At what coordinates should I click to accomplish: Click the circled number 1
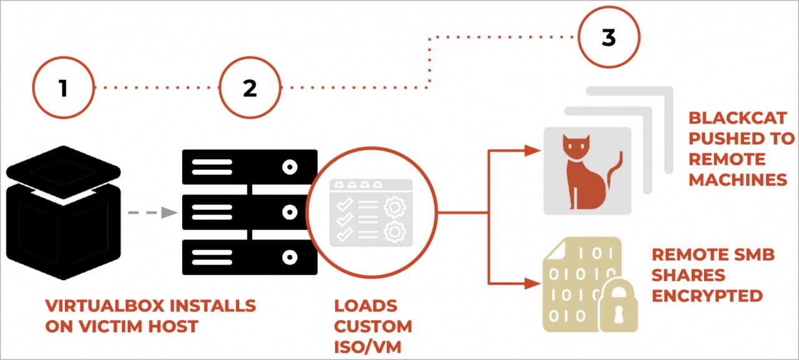tap(62, 88)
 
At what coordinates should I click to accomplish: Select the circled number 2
tap(250, 88)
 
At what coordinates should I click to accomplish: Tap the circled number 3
tap(609, 38)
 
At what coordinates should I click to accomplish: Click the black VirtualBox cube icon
tap(62, 212)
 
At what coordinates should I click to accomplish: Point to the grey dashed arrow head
tap(169, 213)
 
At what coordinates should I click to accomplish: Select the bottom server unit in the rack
tap(250, 257)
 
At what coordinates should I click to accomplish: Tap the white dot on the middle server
tap(289, 212)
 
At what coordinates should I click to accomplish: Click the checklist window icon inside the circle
tap(371, 212)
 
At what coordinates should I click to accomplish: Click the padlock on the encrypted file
tap(618, 306)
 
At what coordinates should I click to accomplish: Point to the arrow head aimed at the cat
tap(532, 150)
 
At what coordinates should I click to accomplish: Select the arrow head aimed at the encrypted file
tap(532, 284)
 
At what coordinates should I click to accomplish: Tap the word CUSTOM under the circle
tap(373, 326)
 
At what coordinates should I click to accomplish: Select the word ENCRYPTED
tap(707, 295)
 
